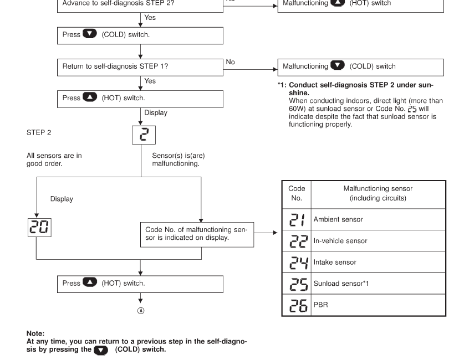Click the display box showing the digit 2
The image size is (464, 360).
[x=142, y=134]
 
